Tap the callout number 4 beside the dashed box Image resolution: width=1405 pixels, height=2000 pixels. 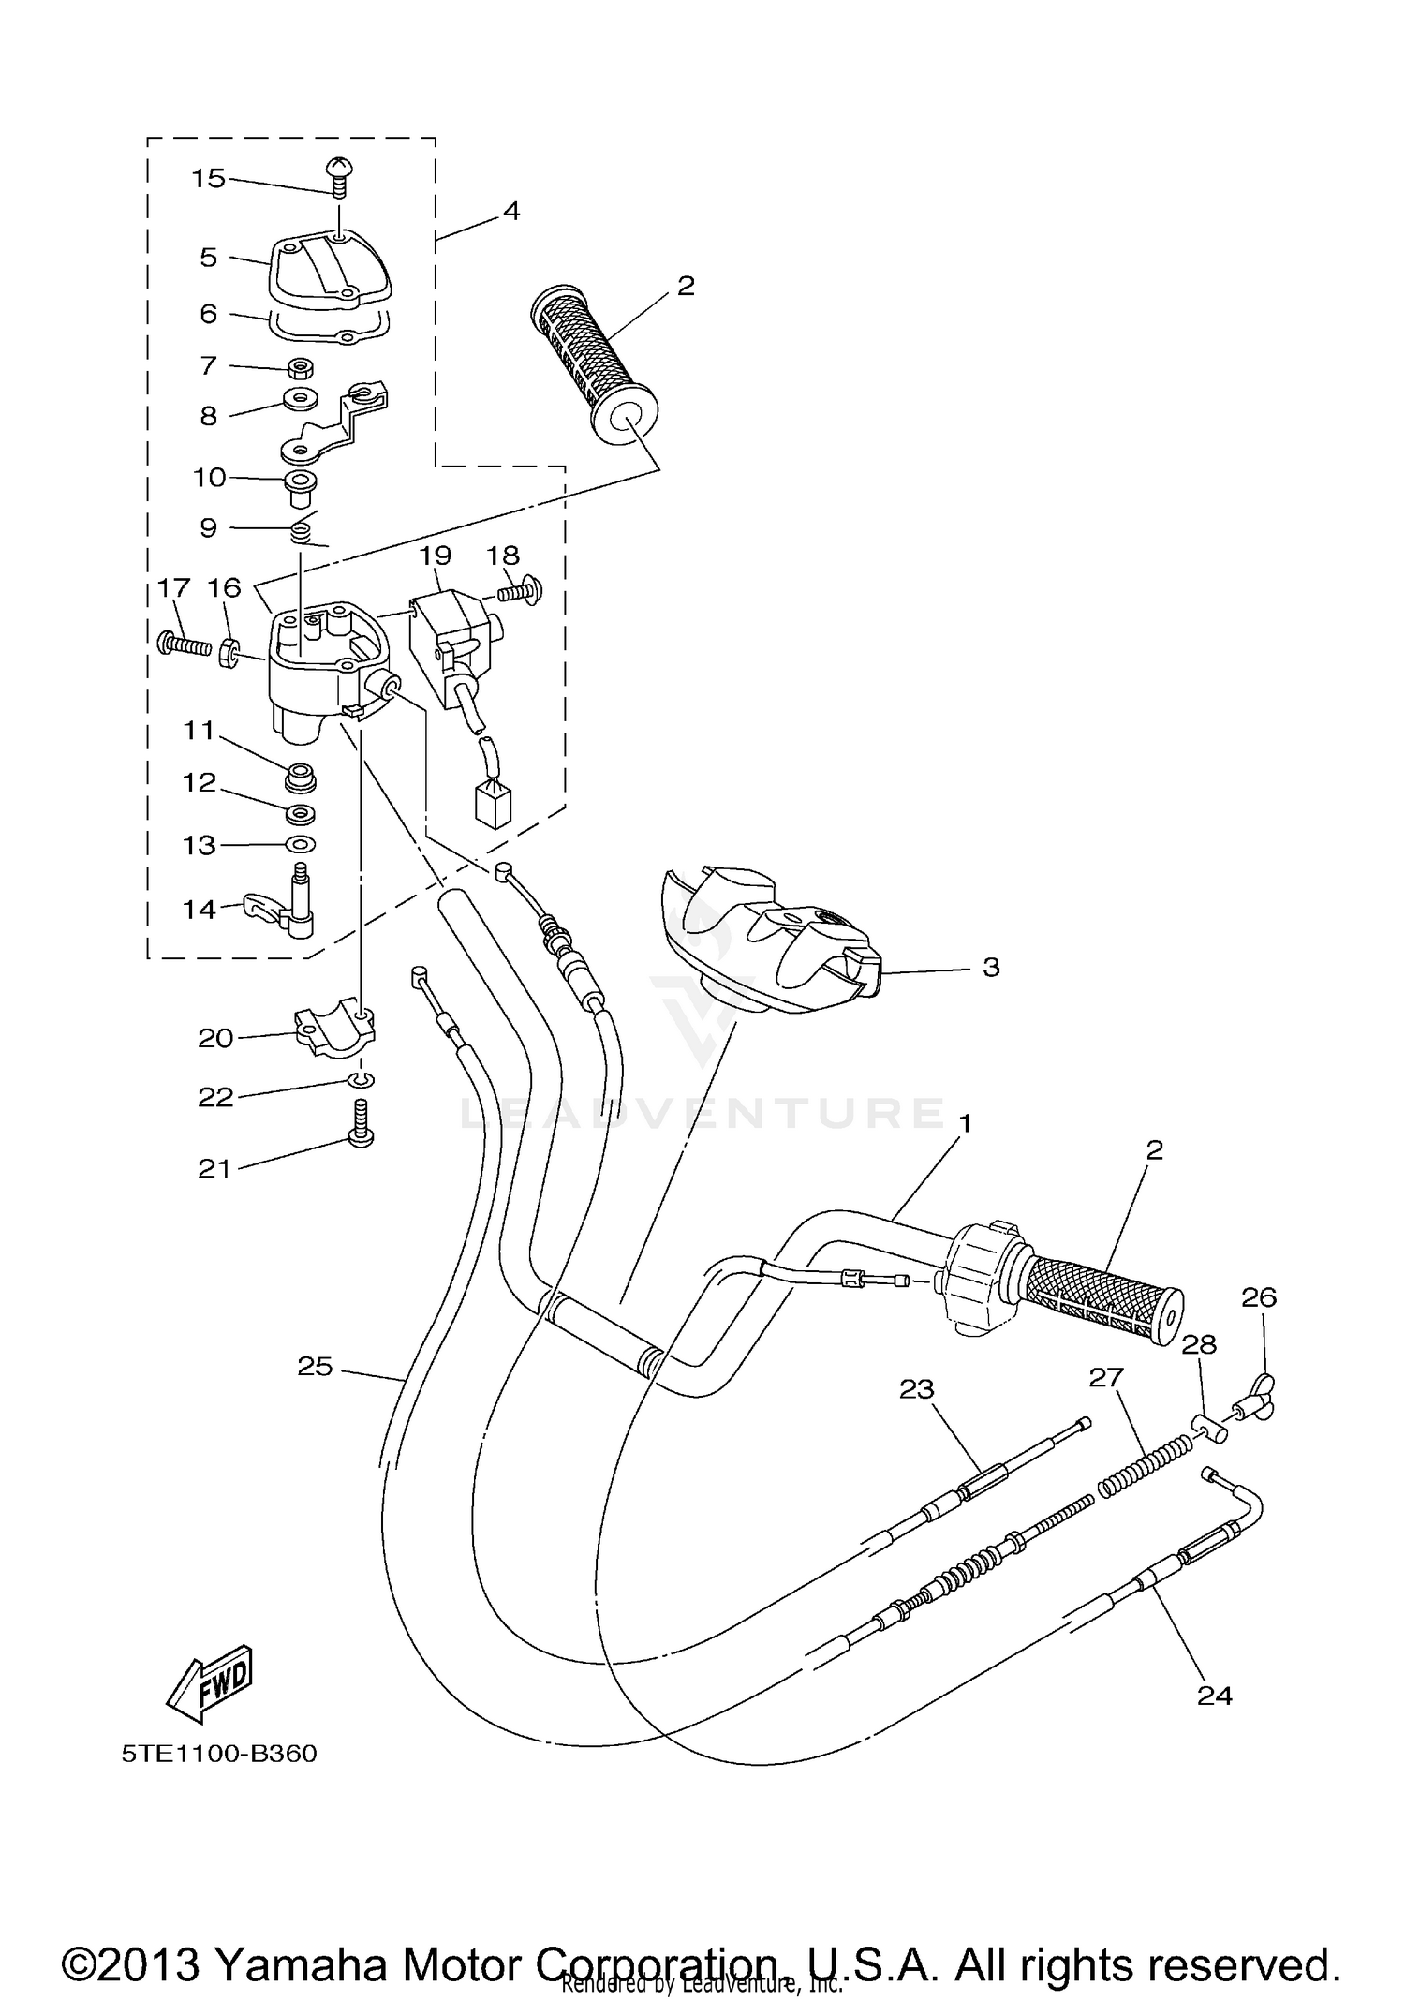point(510,211)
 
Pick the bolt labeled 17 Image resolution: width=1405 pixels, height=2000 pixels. point(183,644)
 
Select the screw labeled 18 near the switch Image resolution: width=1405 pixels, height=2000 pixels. point(516,591)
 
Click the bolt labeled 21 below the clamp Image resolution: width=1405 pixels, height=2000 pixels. point(362,1123)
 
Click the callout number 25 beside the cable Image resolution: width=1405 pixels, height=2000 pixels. point(316,1367)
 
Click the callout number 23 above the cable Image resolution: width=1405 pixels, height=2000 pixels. point(916,1388)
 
